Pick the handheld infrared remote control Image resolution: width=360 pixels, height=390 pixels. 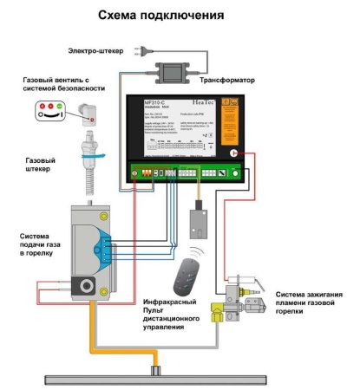184,280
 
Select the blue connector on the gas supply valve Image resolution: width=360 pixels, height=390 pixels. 104,246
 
